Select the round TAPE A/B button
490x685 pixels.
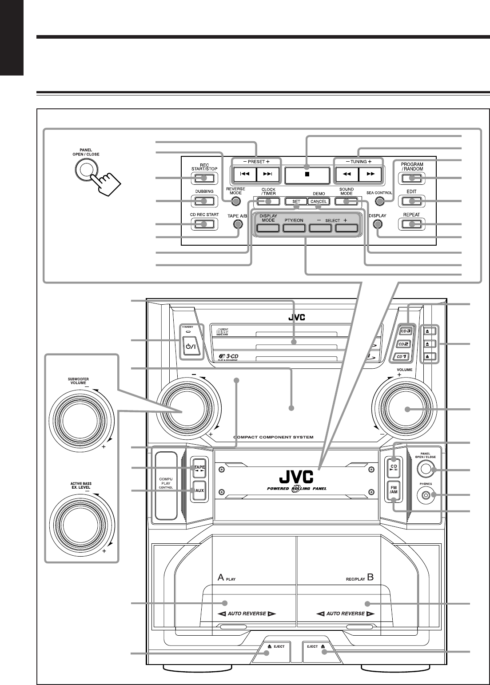[239, 224]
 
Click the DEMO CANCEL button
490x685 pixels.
[319, 201]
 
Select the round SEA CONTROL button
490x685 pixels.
[379, 201]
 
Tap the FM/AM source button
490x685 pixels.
[393, 491]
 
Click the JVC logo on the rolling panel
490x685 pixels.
[296, 479]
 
